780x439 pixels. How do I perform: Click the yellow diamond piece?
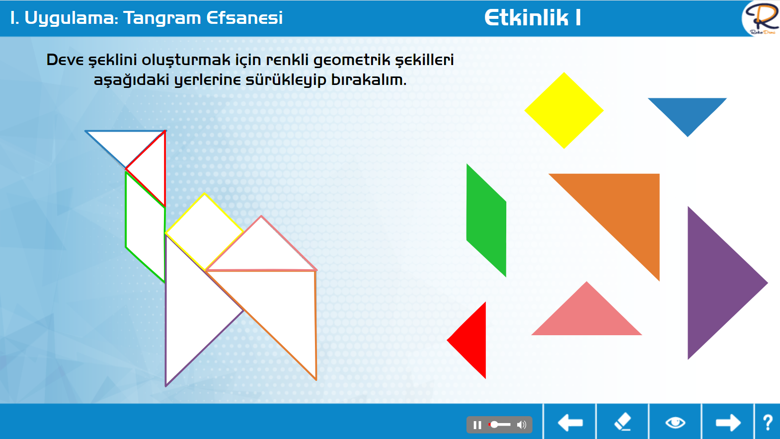tap(564, 110)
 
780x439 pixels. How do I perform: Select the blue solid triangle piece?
tap(687, 111)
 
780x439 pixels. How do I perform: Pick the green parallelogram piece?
tap(486, 220)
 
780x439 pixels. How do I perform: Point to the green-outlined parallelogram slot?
tap(145, 226)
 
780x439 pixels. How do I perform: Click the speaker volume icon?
tap(522, 425)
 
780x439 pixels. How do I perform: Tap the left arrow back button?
tap(570, 423)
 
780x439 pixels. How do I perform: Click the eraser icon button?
tap(623, 422)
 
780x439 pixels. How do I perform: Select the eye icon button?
tap(675, 423)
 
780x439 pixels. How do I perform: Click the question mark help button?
tap(768, 423)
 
